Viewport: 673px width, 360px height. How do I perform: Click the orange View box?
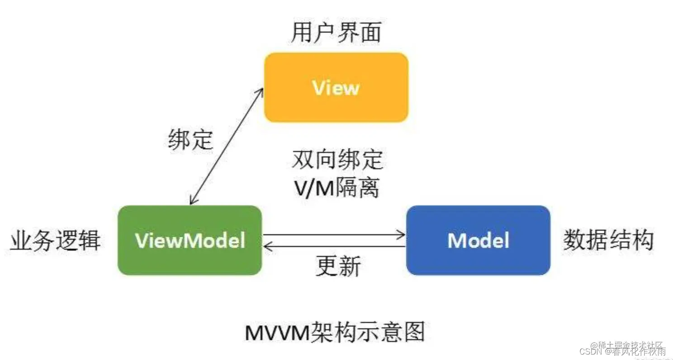pyautogui.click(x=336, y=87)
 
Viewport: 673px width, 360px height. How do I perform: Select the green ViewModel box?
pyautogui.click(x=190, y=240)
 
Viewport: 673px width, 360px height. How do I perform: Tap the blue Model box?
pyautogui.click(x=478, y=240)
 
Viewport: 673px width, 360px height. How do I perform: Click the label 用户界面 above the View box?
pyautogui.click(x=336, y=33)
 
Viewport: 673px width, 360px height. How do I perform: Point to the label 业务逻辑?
pyautogui.click(x=55, y=240)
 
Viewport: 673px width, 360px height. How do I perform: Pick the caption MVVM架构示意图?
pyautogui.click(x=335, y=333)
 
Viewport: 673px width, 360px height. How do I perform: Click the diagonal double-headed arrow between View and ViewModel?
pyautogui.click(x=226, y=146)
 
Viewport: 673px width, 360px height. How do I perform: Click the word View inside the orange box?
pyautogui.click(x=336, y=88)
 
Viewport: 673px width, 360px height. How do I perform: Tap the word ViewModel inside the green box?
pyautogui.click(x=190, y=240)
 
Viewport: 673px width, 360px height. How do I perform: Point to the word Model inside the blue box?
pyautogui.click(x=478, y=240)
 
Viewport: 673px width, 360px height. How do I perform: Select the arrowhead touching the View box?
pyautogui.click(x=260, y=92)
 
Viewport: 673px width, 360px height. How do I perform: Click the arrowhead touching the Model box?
pyautogui.click(x=401, y=234)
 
